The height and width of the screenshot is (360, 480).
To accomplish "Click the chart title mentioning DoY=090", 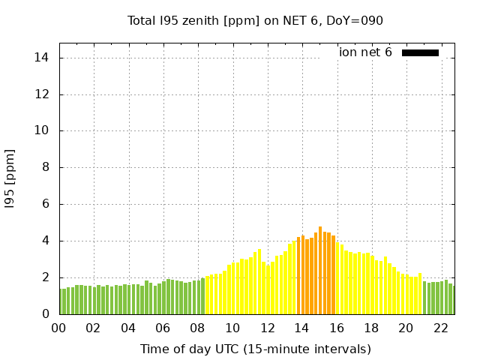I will click(x=255, y=20).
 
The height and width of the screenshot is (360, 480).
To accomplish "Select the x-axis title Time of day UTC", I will click(x=255, y=349).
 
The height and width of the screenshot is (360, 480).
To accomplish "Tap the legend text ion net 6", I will click(x=365, y=52).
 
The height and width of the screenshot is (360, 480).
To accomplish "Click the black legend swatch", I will click(x=420, y=52).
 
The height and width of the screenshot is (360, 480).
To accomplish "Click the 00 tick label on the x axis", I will click(x=58, y=328).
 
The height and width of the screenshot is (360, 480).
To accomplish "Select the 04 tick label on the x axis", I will click(x=128, y=328).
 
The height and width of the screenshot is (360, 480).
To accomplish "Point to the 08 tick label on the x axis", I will click(x=197, y=328).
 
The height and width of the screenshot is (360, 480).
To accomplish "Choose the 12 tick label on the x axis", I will click(x=267, y=328).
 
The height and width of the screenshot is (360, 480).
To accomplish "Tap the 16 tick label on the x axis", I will click(x=336, y=328).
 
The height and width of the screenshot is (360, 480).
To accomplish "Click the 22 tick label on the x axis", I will click(x=440, y=328).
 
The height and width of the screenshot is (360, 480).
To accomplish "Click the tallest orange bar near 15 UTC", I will click(x=320, y=271).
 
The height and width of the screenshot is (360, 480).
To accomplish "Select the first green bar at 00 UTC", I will click(x=61, y=301).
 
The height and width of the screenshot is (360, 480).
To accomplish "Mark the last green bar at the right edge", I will click(x=452, y=300).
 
